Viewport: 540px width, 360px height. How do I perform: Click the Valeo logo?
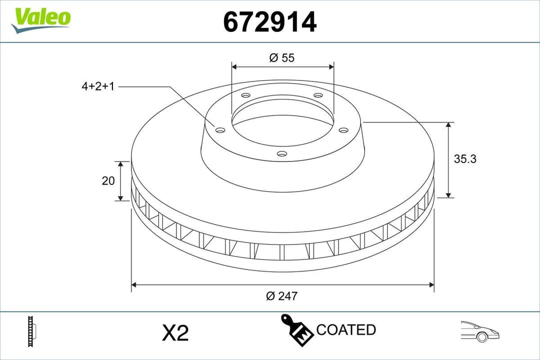42,19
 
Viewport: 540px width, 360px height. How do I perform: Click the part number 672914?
269,22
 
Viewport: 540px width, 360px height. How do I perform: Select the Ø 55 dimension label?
282,57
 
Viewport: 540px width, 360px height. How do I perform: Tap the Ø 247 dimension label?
282,296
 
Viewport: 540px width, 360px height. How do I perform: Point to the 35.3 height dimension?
465,159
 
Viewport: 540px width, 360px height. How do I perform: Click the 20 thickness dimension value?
108,180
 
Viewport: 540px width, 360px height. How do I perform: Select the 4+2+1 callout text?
98,86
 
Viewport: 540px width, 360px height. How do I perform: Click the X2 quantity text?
175,333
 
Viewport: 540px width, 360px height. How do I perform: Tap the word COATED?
346,330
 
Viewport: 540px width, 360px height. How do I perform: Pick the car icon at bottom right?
480,331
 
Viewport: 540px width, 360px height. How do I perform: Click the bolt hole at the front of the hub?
282,154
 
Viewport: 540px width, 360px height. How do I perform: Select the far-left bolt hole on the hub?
220,130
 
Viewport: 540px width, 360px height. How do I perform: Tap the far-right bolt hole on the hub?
343,130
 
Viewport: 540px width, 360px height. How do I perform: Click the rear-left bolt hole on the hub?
245,95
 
